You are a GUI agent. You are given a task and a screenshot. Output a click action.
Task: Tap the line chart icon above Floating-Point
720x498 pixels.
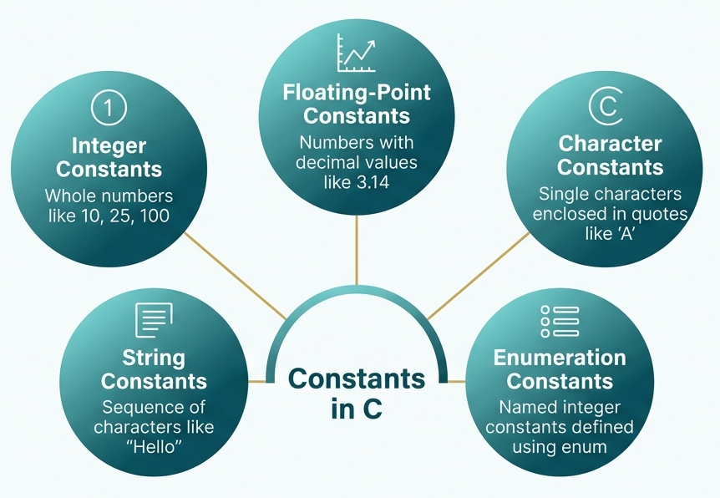click(356, 53)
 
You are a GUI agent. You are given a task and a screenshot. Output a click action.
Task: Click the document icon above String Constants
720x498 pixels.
click(154, 319)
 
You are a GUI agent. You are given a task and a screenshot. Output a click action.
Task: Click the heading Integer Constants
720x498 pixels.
click(109, 157)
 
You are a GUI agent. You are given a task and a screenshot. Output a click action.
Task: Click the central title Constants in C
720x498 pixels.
click(357, 393)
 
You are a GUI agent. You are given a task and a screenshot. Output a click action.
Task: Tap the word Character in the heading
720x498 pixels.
click(610, 144)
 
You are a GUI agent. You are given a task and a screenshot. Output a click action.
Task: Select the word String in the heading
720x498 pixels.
click(154, 358)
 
